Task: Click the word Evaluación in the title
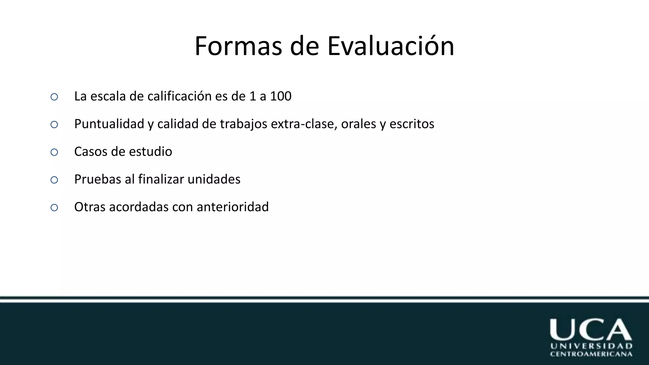(391, 46)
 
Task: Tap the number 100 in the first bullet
(280, 96)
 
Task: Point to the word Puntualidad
(109, 124)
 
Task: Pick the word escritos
(412, 124)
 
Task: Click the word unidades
(214, 179)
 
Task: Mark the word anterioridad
(233, 207)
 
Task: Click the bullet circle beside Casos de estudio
(54, 152)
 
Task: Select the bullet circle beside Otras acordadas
(54, 208)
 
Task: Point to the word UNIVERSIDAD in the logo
(591, 346)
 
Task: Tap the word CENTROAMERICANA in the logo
(591, 354)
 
